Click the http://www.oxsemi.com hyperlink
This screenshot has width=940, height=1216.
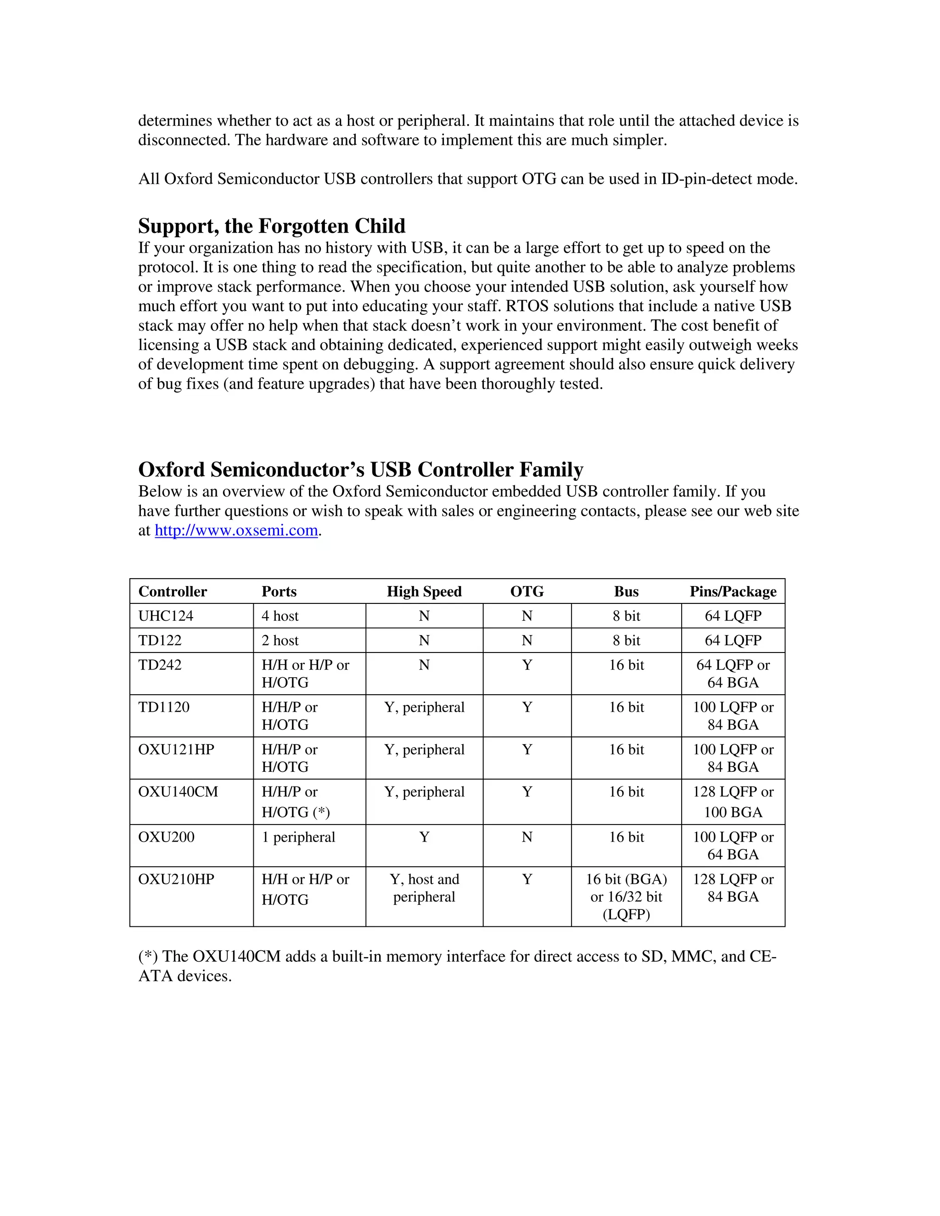click(236, 530)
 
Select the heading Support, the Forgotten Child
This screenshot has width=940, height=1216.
click(272, 226)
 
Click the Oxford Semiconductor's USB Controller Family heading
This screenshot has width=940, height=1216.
click(360, 469)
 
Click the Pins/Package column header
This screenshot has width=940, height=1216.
click(733, 591)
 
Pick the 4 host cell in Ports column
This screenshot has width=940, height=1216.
click(280, 616)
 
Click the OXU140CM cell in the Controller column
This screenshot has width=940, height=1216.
click(178, 792)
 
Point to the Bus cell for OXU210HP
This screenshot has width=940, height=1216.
click(626, 897)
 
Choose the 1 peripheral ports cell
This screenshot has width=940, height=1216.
click(298, 837)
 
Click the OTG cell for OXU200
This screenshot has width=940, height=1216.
click(527, 837)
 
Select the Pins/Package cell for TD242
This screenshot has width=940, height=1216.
click(733, 674)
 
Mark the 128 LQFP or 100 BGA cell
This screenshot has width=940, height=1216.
click(733, 802)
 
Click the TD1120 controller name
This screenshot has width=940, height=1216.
click(164, 707)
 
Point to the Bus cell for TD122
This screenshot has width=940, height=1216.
click(626, 640)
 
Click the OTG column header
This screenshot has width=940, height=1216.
click(527, 591)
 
